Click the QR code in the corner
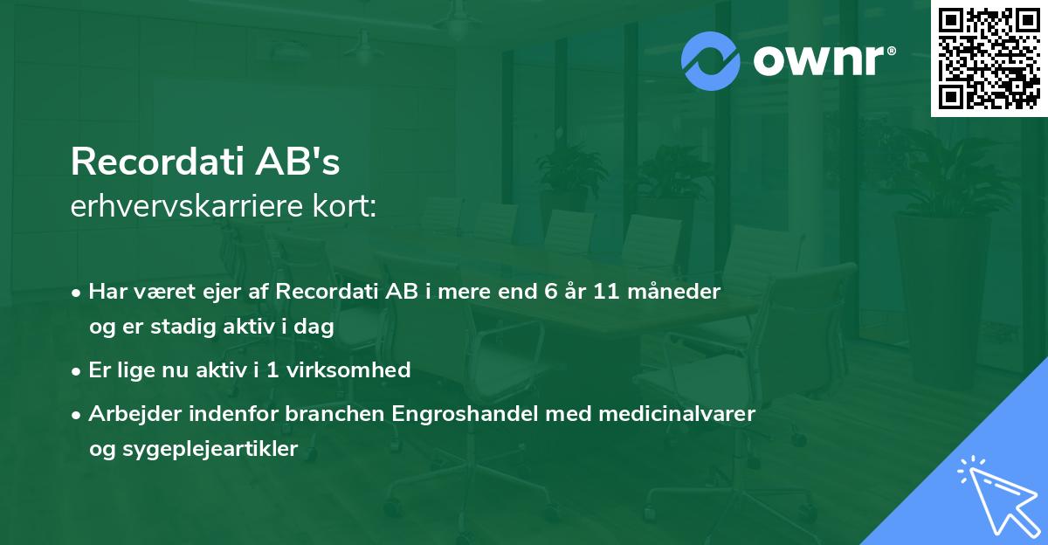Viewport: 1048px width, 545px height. pyautogui.click(x=989, y=59)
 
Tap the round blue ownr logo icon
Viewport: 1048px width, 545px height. pyautogui.click(x=710, y=60)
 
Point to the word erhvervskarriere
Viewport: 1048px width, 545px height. pyautogui.click(x=185, y=206)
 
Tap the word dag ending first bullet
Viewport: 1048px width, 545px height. pyautogui.click(x=318, y=327)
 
